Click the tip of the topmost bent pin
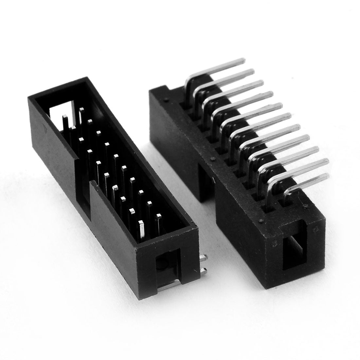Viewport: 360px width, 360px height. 242,60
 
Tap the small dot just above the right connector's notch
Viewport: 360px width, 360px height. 213,159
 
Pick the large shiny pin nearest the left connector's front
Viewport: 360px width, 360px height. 142,231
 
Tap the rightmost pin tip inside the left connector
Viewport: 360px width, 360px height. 159,216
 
